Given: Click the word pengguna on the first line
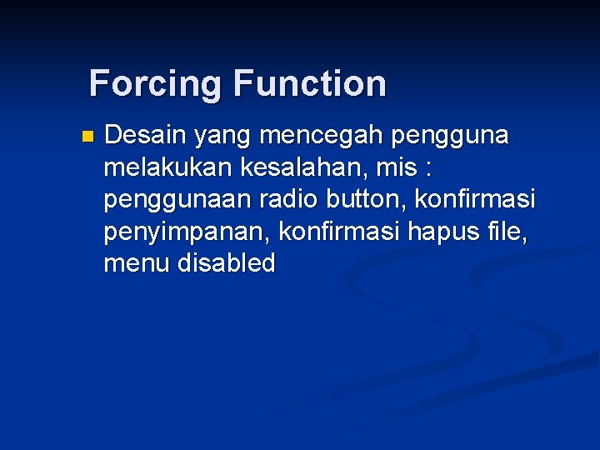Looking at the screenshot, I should [x=457, y=136].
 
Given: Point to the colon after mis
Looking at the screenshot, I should [x=428, y=169].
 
